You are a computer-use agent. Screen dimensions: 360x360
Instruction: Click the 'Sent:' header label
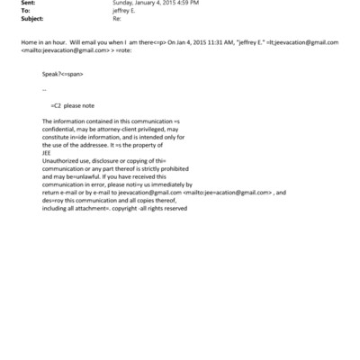click(x=28, y=4)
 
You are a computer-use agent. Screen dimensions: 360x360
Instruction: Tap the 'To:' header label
click(x=25, y=14)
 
